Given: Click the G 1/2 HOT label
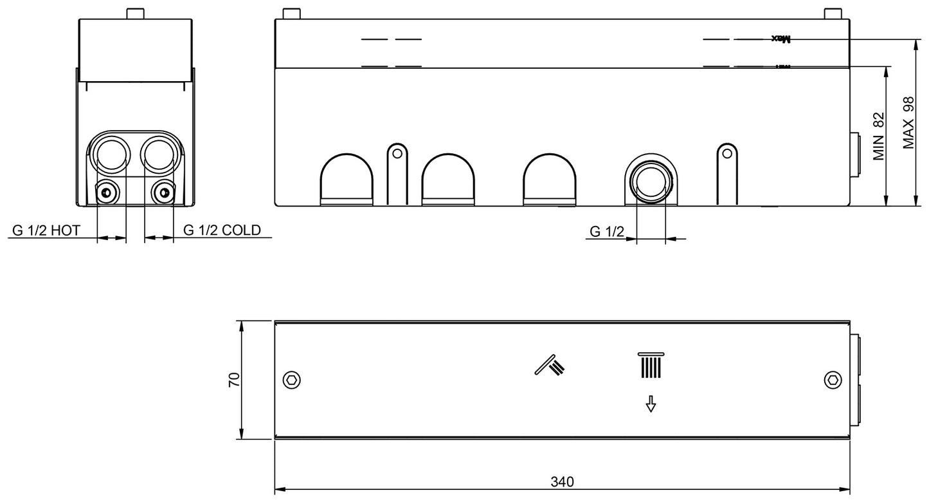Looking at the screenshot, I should point(46,230).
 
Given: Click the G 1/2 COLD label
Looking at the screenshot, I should point(222,230).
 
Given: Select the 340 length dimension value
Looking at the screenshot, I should point(562,481).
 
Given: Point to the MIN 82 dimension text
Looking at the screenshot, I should point(879,136).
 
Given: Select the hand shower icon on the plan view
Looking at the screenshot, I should point(550,365).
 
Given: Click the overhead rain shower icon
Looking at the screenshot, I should point(650,367).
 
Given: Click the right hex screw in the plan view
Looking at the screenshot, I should point(833,380).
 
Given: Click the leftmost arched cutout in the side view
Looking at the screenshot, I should point(346,180).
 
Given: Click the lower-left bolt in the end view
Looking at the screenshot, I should point(105,192).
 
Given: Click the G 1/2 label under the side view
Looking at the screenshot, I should point(607,231).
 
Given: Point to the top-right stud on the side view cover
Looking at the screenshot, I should point(833,14).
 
